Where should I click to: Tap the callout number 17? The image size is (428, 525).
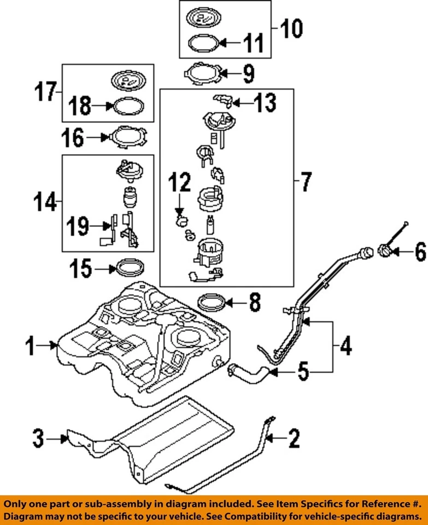pos(46,92)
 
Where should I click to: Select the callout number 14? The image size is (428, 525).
pos(45,202)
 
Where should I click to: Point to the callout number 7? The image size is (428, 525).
pos(306,182)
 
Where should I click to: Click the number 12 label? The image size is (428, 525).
pos(179,182)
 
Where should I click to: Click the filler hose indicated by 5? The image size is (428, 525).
pos(248,374)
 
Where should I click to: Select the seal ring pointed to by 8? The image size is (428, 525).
pos(211,302)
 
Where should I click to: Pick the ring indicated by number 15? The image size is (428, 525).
pos(130,268)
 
